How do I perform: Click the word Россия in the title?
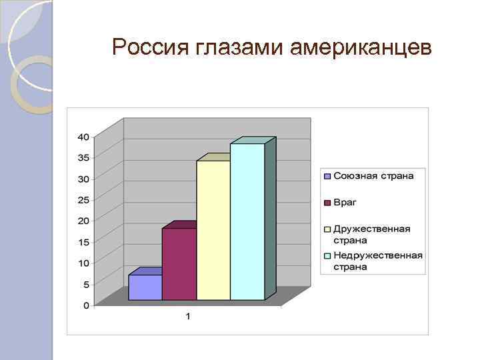tap(151, 47)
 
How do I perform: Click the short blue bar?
tap(145, 287)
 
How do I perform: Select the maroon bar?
tap(179, 264)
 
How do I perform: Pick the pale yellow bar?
tap(213, 230)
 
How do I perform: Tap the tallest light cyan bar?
tap(247, 221)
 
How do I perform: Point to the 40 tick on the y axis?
tap(83, 137)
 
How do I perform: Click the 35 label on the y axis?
tap(83, 158)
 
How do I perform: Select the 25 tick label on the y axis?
tap(83, 200)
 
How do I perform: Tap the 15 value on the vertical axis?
tap(83, 242)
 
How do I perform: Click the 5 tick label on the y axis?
tap(86, 285)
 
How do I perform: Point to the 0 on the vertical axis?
tap(86, 305)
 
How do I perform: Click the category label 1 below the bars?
tap(188, 316)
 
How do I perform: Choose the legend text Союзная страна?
tap(373, 176)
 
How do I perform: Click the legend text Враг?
tap(344, 202)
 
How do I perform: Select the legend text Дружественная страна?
tap(371, 234)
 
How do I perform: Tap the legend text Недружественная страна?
tap(377, 261)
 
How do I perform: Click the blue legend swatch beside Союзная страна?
tap(327, 177)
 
